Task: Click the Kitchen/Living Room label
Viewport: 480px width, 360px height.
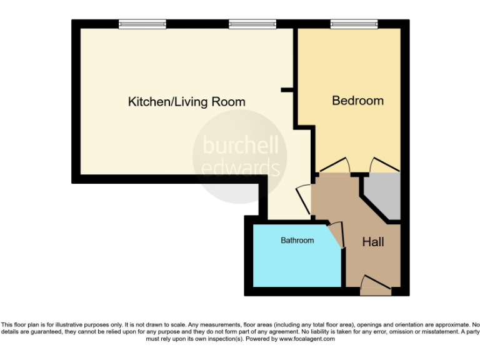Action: tap(186, 102)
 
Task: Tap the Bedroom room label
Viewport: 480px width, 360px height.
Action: tap(357, 101)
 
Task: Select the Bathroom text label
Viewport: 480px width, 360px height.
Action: tap(297, 240)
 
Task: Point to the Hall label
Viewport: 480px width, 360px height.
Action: tap(373, 242)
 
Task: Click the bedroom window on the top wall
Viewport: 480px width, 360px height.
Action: tap(354, 24)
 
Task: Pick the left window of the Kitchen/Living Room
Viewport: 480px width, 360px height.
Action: tap(142, 24)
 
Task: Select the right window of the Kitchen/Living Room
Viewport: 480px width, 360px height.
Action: tap(252, 24)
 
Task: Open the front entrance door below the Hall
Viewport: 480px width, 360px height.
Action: tap(376, 286)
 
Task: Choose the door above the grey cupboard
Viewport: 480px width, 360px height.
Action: tap(383, 165)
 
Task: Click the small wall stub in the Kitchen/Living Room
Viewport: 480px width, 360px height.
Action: tap(287, 91)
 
